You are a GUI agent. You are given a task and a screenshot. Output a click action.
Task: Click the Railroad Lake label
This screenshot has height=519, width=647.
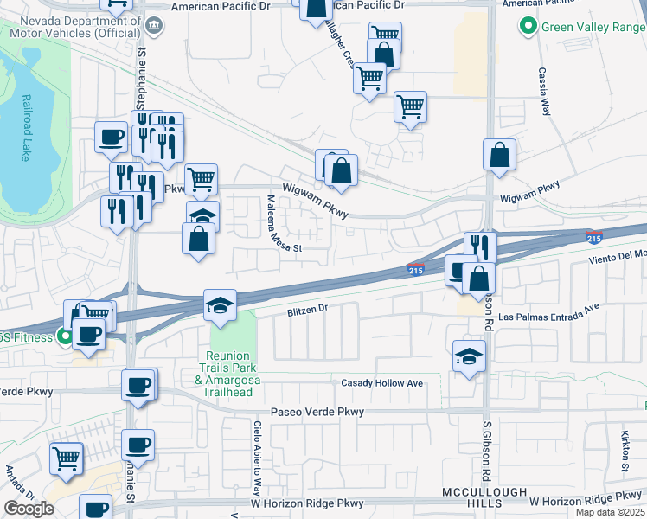(26, 128)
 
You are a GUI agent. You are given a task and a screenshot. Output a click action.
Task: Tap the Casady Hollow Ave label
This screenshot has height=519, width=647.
(381, 383)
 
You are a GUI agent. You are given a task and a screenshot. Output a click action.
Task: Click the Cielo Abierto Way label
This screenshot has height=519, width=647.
(258, 455)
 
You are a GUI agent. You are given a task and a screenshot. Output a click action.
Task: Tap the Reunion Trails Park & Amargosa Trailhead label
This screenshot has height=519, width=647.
(228, 374)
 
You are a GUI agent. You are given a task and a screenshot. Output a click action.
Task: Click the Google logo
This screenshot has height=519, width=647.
(29, 508)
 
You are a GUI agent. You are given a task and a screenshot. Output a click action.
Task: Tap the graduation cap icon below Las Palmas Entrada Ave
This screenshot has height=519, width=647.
(469, 356)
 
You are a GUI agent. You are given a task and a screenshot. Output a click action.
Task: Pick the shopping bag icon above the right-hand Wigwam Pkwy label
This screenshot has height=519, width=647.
(499, 156)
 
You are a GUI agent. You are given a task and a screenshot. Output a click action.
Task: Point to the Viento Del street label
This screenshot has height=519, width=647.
(614, 255)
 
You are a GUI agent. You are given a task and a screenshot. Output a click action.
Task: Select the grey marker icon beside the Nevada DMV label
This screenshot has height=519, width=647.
(155, 25)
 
